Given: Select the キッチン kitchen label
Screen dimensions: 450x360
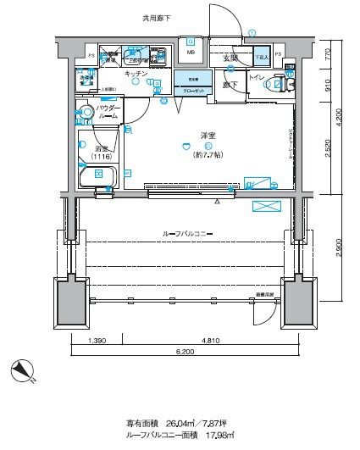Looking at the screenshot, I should pyautogui.click(x=136, y=75).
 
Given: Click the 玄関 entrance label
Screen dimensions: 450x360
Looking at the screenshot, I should pyautogui.click(x=230, y=58).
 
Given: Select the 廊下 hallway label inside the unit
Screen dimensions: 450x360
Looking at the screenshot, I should pyautogui.click(x=230, y=85).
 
